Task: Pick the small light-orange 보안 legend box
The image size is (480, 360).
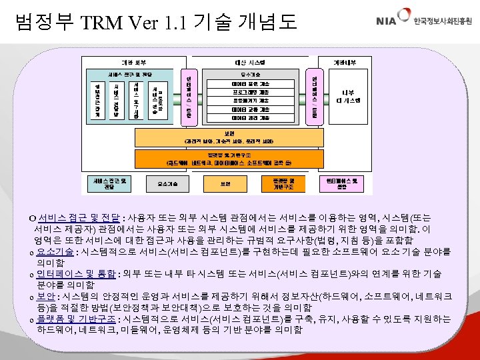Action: (x=225, y=183)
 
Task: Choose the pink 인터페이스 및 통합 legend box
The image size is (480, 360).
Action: (x=342, y=183)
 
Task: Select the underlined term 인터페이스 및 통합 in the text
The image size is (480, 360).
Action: (x=76, y=274)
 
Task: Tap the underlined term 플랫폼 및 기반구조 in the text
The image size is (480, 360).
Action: (x=75, y=319)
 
